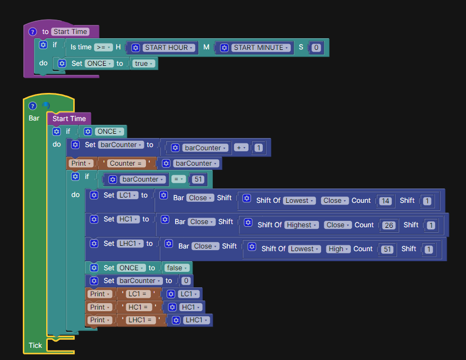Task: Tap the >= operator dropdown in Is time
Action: [103, 47]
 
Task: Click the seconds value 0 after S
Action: [316, 48]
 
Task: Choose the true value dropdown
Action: [144, 64]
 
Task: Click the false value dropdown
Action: [177, 268]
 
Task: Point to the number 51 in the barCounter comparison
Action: [199, 179]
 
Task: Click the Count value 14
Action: [385, 201]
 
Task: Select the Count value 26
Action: [389, 225]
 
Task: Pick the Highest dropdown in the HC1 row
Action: [301, 225]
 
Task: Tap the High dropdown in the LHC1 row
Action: [338, 249]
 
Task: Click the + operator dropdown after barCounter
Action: [241, 148]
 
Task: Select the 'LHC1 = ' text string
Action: [140, 320]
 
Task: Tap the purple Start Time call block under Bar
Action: [69, 119]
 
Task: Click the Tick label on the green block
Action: [35, 345]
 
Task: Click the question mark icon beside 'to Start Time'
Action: [32, 32]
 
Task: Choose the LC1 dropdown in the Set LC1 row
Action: [127, 195]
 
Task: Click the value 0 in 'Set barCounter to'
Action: [186, 281]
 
